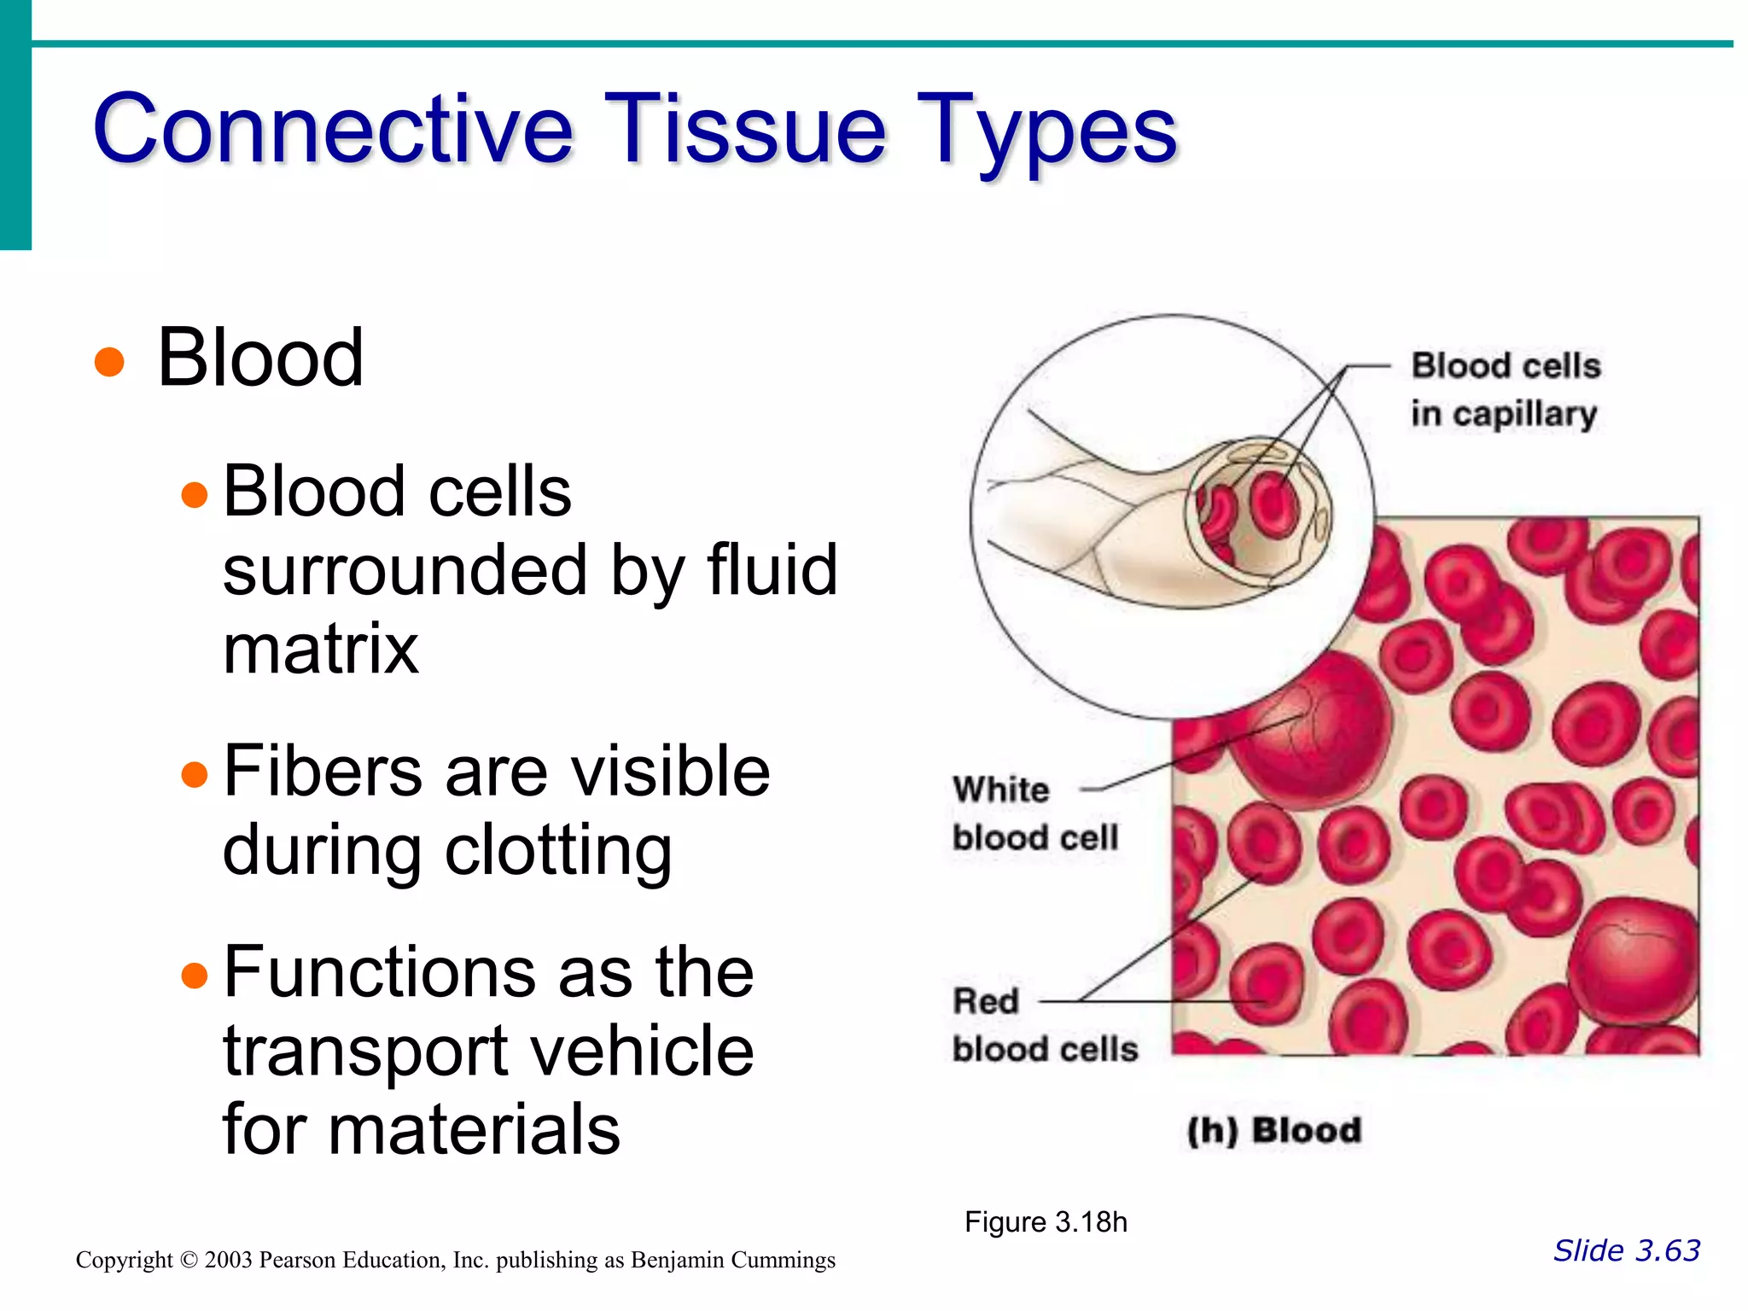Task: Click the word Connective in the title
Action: [333, 130]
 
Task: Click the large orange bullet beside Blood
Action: [109, 361]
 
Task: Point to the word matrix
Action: [320, 650]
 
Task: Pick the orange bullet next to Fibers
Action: [195, 774]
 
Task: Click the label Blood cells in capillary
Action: [1504, 389]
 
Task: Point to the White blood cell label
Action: [1034, 813]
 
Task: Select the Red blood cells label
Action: [1044, 1025]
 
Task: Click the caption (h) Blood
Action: [1273, 1130]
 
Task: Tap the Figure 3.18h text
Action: [1046, 1222]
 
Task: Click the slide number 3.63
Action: [1664, 1250]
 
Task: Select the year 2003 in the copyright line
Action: [228, 1260]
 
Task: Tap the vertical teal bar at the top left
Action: [15, 125]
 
